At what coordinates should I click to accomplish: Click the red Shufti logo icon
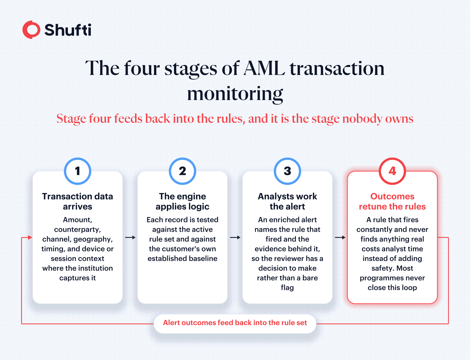(31, 30)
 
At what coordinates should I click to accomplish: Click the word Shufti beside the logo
(68, 30)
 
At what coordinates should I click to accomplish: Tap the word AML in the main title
(264, 68)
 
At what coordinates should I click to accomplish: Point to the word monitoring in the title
(235, 94)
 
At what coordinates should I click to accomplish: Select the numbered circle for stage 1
(77, 171)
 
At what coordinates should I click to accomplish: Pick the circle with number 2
(182, 171)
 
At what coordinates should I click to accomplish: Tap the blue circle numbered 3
(287, 171)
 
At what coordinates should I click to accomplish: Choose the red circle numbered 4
(392, 171)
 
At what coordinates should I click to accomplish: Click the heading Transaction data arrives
(77, 201)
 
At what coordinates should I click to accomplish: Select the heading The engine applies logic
(182, 201)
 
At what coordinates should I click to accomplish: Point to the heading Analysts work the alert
(287, 201)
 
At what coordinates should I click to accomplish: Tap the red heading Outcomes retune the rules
(392, 201)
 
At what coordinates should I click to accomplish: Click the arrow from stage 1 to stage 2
(130, 237)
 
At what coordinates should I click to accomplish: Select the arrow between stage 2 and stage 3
(235, 237)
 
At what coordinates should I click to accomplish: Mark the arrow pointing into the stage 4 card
(340, 237)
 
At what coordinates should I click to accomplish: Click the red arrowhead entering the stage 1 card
(30, 237)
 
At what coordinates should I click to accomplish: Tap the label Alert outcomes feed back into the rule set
(235, 322)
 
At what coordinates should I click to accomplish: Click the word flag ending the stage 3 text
(287, 288)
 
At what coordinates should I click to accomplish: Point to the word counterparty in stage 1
(77, 230)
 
